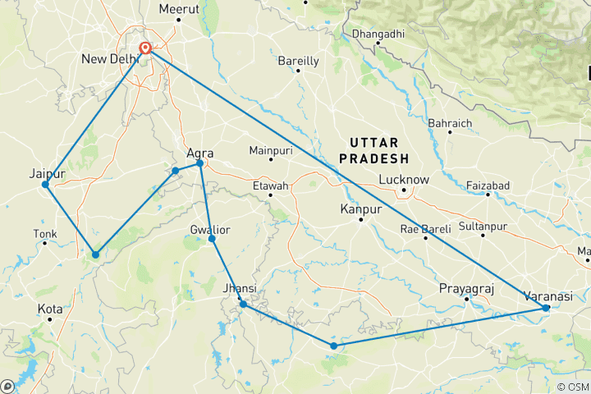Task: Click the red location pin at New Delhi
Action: click(145, 48)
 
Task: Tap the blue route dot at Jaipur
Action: click(45, 184)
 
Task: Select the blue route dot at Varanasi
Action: click(547, 308)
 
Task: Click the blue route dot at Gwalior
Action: click(212, 239)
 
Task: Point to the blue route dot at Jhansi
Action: click(243, 305)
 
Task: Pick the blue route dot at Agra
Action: click(199, 163)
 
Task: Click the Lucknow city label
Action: click(404, 180)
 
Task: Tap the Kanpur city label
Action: click(361, 210)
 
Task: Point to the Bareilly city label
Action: click(298, 61)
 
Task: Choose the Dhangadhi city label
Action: click(378, 34)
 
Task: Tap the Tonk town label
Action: click(44, 234)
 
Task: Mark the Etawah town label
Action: click(271, 186)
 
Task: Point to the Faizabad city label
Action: click(488, 186)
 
